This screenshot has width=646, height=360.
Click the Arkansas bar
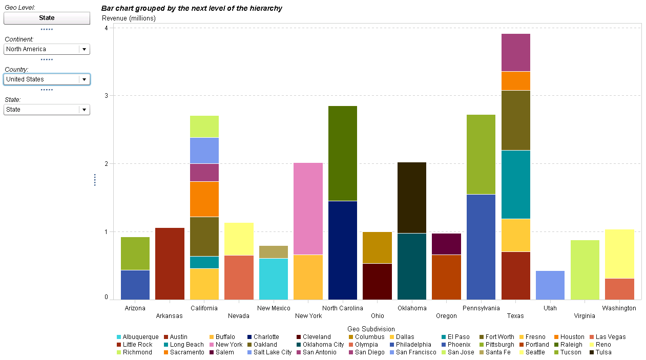pyautogui.click(x=170, y=264)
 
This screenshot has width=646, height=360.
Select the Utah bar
pyautogui.click(x=550, y=285)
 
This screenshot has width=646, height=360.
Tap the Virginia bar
pyautogui.click(x=585, y=270)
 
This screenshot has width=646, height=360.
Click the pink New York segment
pyautogui.click(x=308, y=208)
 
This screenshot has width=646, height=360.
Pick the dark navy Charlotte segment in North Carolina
pyautogui.click(x=343, y=250)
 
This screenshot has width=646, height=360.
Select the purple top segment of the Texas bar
pyautogui.click(x=515, y=52)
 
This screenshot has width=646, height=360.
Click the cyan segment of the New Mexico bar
pyautogui.click(x=274, y=279)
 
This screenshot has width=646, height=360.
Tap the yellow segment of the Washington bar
pyautogui.click(x=619, y=253)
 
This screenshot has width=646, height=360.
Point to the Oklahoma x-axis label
pyautogui.click(x=412, y=308)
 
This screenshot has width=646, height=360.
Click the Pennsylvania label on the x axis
pyautogui.click(x=481, y=308)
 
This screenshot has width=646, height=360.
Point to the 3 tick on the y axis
pyautogui.click(x=106, y=96)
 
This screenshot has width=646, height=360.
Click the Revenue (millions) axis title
pyautogui.click(x=129, y=18)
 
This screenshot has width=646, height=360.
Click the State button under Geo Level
pyautogui.click(x=47, y=18)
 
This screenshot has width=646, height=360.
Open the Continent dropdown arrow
pyautogui.click(x=84, y=49)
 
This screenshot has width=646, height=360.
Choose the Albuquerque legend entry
pyautogui.click(x=137, y=337)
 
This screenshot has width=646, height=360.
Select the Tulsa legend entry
pyautogui.click(x=600, y=352)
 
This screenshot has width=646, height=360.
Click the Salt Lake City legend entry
pyautogui.click(x=268, y=352)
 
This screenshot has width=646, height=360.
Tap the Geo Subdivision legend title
pyautogui.click(x=371, y=329)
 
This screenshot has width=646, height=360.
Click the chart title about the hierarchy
pyautogui.click(x=192, y=9)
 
